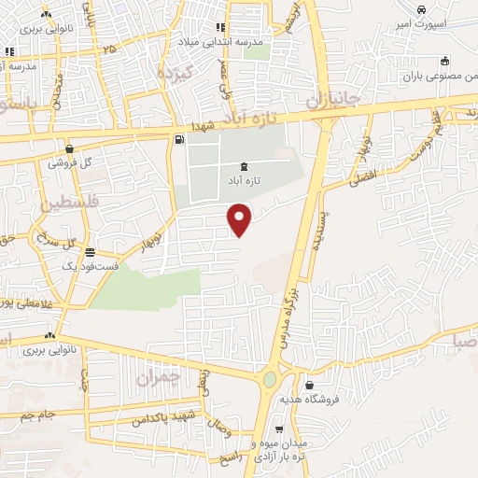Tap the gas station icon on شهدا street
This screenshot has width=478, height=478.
179,140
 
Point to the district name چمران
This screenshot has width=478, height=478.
156,377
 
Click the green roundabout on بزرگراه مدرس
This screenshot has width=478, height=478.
271,380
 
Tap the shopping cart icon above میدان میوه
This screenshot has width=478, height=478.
278,429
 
